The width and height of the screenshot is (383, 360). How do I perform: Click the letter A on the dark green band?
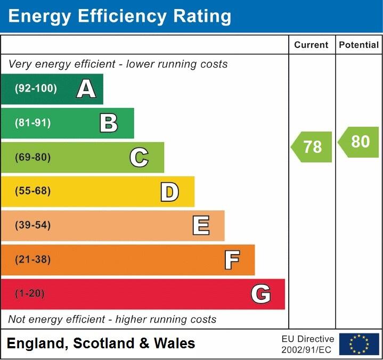click(x=86, y=89)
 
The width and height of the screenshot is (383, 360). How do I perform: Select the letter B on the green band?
click(x=109, y=123)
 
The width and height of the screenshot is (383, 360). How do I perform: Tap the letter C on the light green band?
click(x=139, y=157)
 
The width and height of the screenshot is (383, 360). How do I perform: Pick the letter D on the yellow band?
click(x=169, y=192)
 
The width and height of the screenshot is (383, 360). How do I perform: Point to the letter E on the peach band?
click(x=200, y=226)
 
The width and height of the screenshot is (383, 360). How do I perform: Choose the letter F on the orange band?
click(x=232, y=260)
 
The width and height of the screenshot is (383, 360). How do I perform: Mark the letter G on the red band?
click(x=261, y=294)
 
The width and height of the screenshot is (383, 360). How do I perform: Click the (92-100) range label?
click(x=36, y=89)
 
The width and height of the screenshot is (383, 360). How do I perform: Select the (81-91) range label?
click(x=33, y=123)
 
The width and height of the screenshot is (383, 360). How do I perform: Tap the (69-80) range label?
click(x=33, y=157)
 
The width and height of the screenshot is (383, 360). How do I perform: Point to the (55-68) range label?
click(x=33, y=191)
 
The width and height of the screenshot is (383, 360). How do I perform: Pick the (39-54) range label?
click(x=33, y=225)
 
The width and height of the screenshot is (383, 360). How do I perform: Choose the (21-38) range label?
click(x=33, y=259)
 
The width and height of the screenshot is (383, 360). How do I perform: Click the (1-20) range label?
click(x=30, y=293)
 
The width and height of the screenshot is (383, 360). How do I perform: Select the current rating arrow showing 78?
click(x=312, y=146)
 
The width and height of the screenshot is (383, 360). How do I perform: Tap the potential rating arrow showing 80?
click(x=359, y=142)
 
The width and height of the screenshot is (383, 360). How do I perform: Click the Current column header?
click(x=311, y=45)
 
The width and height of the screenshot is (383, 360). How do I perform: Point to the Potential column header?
click(x=358, y=45)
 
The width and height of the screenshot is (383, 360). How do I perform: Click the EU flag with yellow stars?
click(x=359, y=344)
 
